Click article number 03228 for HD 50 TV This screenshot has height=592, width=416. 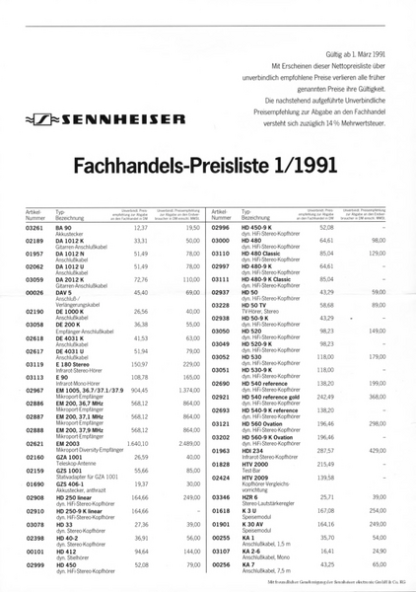pos(223,306)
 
